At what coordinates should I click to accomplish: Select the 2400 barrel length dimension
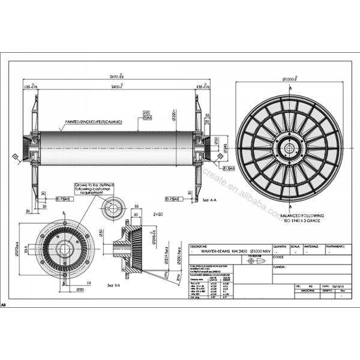coord(116,87)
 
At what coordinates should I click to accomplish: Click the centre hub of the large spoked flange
coord(289,147)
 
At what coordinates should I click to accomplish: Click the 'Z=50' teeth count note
coord(158,213)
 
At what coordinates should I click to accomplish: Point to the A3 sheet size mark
coord(5,305)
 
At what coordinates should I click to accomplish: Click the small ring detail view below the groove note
coord(111,210)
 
